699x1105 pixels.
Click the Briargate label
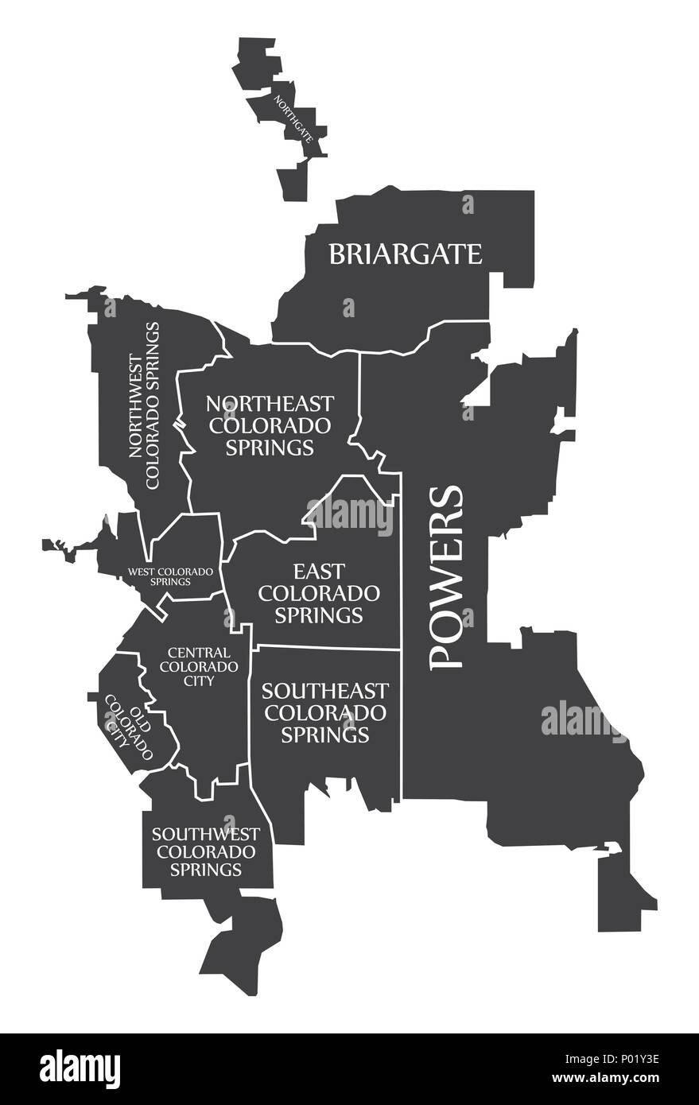[x=406, y=254]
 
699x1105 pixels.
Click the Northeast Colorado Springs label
[x=270, y=425]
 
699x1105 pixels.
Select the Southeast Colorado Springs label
[x=325, y=711]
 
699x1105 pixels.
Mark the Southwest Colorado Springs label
[x=205, y=851]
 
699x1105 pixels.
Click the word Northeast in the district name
[x=270, y=403]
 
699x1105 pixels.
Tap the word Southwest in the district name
[x=205, y=834]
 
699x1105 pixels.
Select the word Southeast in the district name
[x=325, y=690]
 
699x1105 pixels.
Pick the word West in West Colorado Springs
[x=143, y=571]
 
